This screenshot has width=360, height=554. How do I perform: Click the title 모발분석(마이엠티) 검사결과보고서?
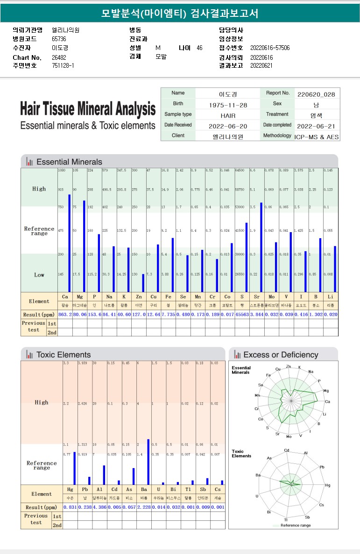(x=180, y=13)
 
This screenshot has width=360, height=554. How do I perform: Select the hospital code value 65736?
(x=59, y=39)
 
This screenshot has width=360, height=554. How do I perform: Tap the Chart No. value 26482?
(x=59, y=57)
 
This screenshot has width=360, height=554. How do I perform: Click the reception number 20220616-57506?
(x=270, y=48)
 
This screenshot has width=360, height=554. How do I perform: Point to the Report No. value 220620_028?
(x=316, y=94)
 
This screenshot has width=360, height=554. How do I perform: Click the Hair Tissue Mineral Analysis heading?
(x=88, y=109)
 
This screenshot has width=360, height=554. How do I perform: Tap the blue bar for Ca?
(x=70, y=243)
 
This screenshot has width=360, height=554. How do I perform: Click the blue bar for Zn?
(x=143, y=283)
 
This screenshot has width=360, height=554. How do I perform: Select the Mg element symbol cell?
(x=79, y=297)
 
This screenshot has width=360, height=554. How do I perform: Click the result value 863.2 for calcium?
(x=65, y=314)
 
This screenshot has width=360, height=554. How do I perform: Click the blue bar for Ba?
(x=148, y=462)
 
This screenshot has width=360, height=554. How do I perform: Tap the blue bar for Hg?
(x=74, y=468)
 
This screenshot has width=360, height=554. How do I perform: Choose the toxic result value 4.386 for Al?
(x=99, y=507)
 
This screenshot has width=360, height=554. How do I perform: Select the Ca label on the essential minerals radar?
(x=327, y=401)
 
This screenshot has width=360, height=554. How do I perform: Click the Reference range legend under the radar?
(x=296, y=525)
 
